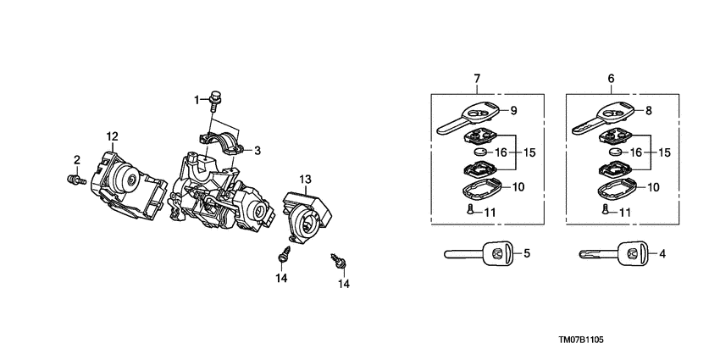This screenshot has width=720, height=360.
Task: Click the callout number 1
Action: click(197, 100)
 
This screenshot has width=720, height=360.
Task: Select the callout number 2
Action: click(76, 159)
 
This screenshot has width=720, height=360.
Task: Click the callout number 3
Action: click(257, 150)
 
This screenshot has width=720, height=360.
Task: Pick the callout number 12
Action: click(112, 136)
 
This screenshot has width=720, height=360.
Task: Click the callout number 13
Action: click(306, 179)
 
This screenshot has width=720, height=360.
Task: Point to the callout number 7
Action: click(477, 79)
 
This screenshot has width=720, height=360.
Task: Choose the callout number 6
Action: click(611, 79)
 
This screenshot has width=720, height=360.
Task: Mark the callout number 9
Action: click(513, 110)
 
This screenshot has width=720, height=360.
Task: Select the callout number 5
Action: click(526, 252)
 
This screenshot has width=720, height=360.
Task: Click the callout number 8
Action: click(648, 110)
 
